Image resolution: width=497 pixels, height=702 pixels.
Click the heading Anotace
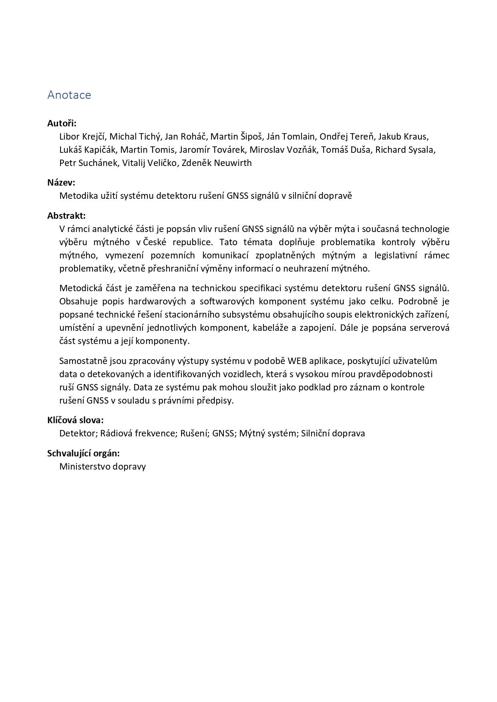pyautogui.click(x=69, y=95)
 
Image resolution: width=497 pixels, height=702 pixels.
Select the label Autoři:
pyautogui.click(x=62, y=123)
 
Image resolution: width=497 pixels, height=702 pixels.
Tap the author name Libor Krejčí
pyautogui.click(x=82, y=136)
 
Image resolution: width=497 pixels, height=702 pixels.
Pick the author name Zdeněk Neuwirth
pyautogui.click(x=217, y=163)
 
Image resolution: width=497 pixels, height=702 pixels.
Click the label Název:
pyautogui.click(x=61, y=183)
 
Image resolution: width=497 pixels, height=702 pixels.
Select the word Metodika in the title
pyautogui.click(x=77, y=196)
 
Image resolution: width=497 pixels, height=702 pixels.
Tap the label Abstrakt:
pyautogui.click(x=66, y=216)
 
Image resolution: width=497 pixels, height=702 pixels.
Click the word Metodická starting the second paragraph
pyautogui.click(x=79, y=288)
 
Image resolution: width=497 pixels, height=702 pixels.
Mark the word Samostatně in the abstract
pyautogui.click(x=82, y=361)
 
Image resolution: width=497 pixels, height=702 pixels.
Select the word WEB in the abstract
pyautogui.click(x=297, y=361)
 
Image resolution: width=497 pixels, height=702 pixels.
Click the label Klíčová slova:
pyautogui.click(x=76, y=420)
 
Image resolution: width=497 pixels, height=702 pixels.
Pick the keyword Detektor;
pyautogui.click(x=78, y=433)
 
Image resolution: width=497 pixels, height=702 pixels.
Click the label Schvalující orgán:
pyautogui.click(x=84, y=453)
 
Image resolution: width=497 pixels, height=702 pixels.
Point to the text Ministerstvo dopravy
pyautogui.click(x=103, y=466)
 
